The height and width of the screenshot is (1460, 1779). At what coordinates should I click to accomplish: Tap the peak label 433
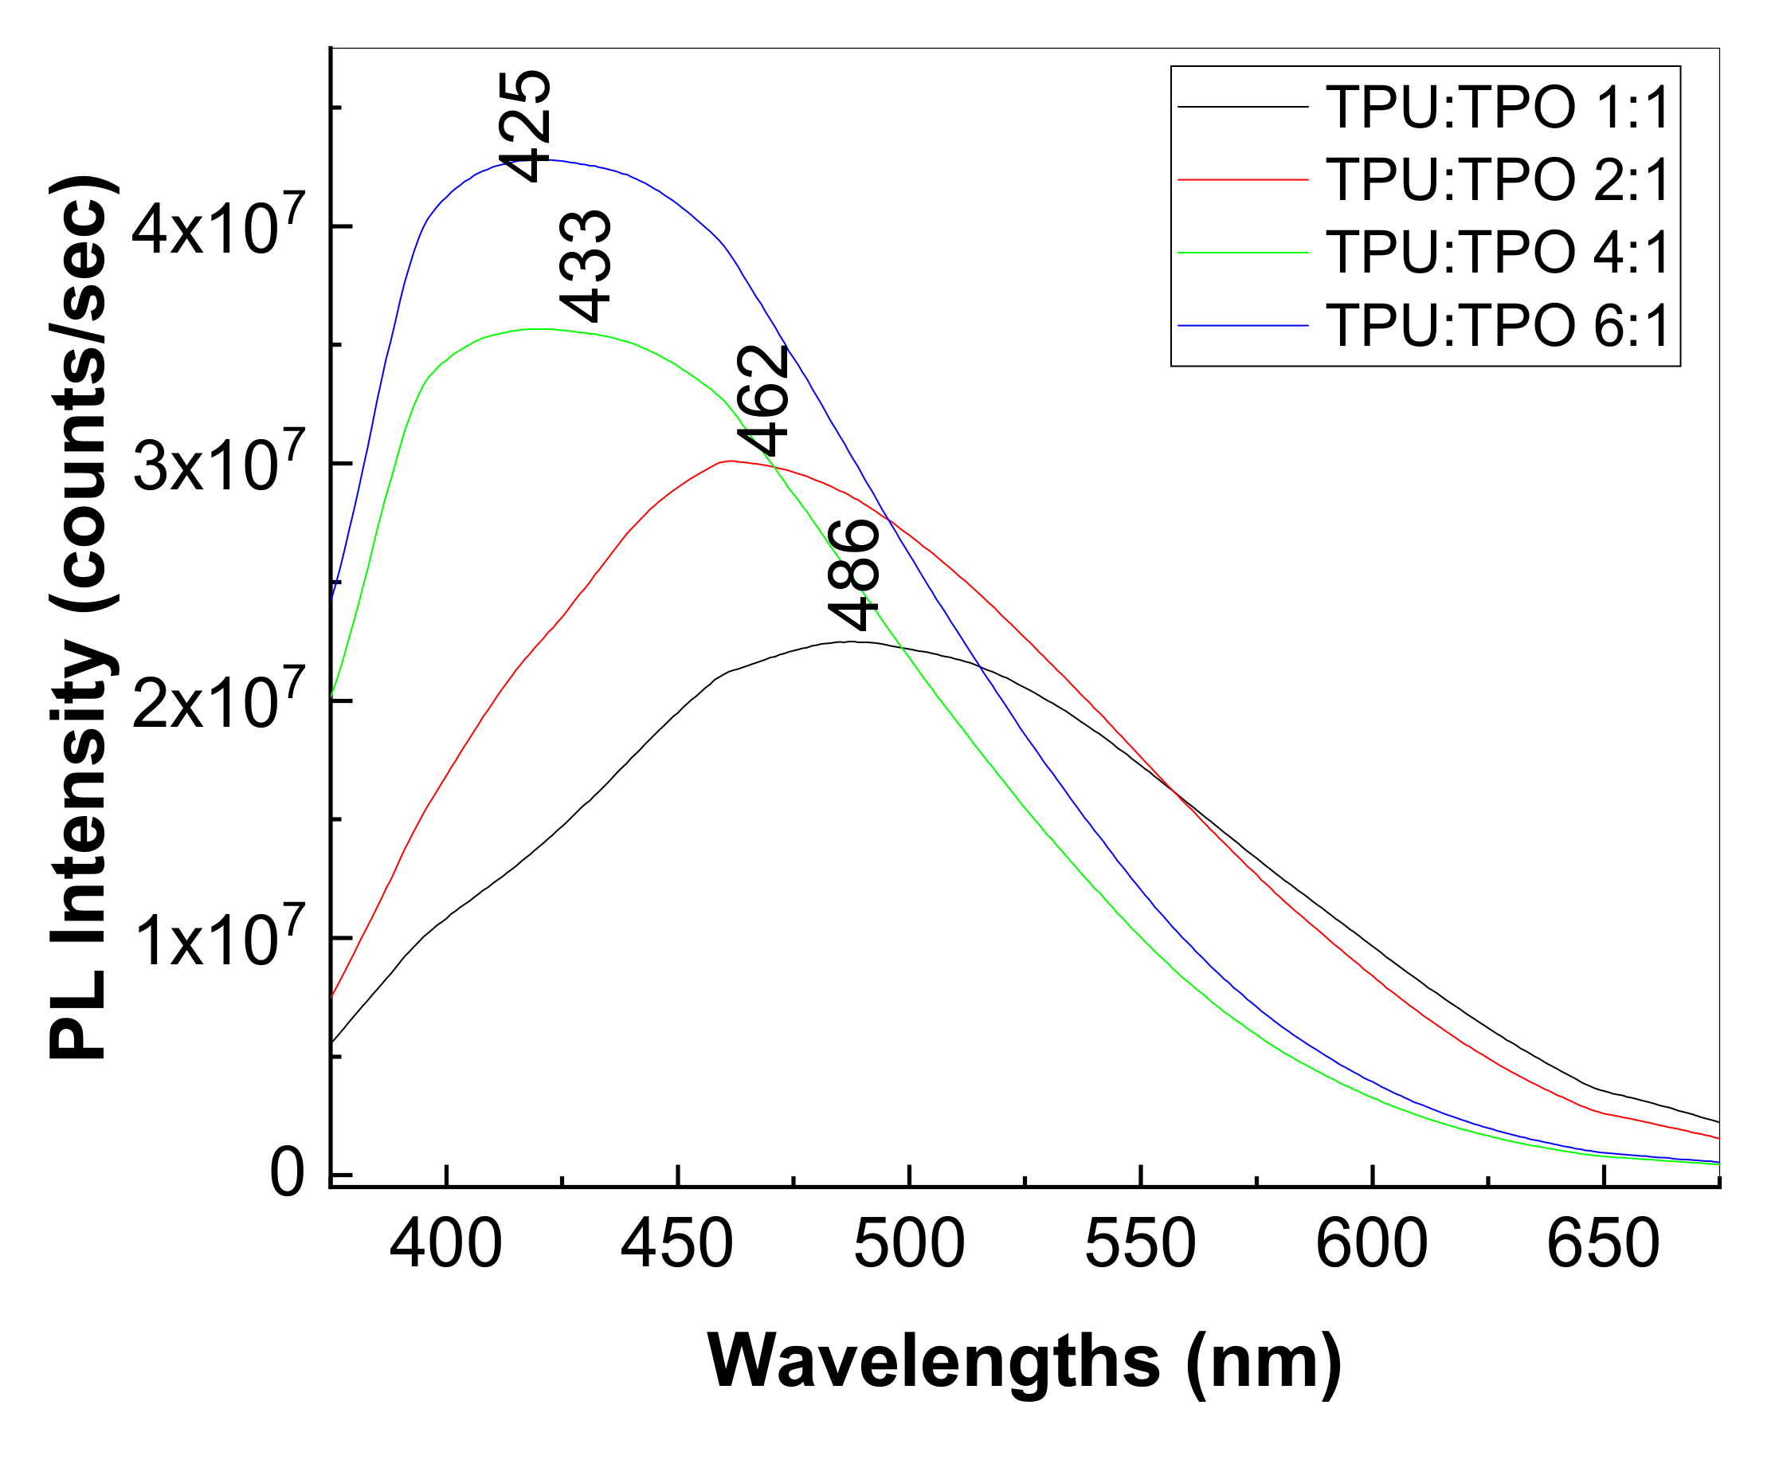tap(585, 267)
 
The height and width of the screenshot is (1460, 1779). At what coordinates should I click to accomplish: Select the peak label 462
tap(763, 400)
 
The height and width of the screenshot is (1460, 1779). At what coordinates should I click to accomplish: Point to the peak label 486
tap(853, 575)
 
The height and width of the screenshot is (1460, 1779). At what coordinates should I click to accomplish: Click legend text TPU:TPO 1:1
tap(1497, 108)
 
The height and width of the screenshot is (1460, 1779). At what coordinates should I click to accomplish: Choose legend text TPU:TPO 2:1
tap(1497, 179)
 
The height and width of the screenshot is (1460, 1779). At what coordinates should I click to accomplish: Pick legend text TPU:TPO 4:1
tap(1497, 252)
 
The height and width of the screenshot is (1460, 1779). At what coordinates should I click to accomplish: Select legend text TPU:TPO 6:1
tap(1497, 324)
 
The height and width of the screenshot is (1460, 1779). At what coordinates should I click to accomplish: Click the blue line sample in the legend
tap(1243, 324)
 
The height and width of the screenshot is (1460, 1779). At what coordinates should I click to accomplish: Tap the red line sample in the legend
tap(1243, 179)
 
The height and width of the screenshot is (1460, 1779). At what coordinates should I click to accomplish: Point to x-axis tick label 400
tap(445, 1245)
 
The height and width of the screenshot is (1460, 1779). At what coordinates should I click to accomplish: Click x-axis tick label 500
tap(909, 1245)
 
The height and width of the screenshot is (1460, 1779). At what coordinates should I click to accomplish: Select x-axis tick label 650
tap(1602, 1245)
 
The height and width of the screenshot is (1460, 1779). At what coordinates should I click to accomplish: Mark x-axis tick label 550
tap(1140, 1245)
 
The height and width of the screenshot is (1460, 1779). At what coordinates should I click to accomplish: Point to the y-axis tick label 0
tap(287, 1175)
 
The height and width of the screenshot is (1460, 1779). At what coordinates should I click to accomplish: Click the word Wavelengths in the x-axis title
tap(934, 1360)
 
